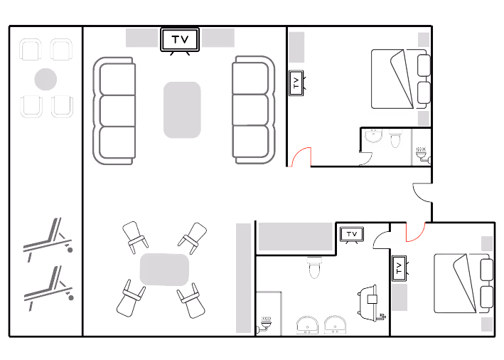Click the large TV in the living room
tap(179, 40)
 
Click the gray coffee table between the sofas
tap(183, 110)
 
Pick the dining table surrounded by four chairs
tap(164, 270)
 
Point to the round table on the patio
tap(46, 78)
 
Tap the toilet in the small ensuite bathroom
tap(395, 137)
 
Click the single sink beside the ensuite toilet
tap(372, 137)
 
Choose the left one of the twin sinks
tap(308, 325)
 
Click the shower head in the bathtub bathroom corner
tap(266, 323)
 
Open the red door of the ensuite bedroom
tap(301, 156)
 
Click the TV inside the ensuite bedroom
tap(296, 83)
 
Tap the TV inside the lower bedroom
tap(399, 269)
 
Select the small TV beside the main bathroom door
tap(352, 234)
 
